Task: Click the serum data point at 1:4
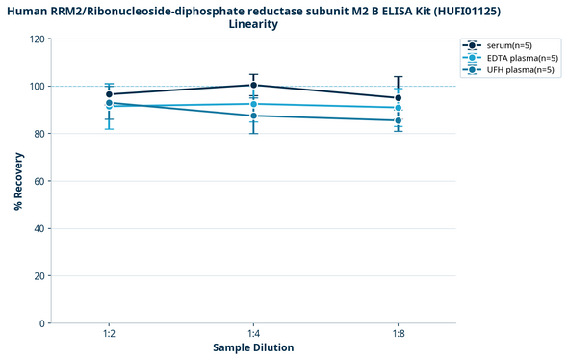point(253,86)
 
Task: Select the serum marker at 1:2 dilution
point(109,94)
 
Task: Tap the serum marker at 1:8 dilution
point(398,98)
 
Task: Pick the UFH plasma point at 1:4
point(253,116)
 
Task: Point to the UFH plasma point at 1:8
point(398,120)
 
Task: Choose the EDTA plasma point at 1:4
point(253,104)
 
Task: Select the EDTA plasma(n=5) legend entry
point(516,58)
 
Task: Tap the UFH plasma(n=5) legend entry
point(514,69)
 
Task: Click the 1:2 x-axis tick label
point(109,333)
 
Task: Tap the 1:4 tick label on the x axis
point(253,333)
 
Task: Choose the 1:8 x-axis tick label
point(398,333)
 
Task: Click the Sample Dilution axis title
point(253,347)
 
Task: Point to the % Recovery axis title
point(18,181)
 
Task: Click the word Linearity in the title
point(254,24)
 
